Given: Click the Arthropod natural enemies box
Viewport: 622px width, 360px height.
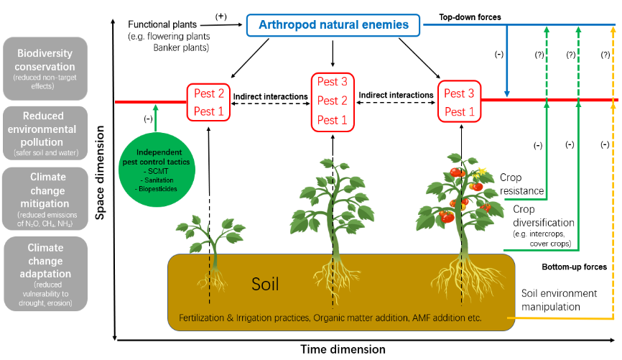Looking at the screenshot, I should pyautogui.click(x=333, y=26).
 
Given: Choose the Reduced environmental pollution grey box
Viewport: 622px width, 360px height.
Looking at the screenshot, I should pyautogui.click(x=45, y=134).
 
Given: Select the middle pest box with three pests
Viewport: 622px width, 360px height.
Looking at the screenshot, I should pyautogui.click(x=333, y=100).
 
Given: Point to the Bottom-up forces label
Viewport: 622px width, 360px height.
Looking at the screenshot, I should pyautogui.click(x=574, y=267).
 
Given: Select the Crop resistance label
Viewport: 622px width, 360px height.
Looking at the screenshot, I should pyautogui.click(x=521, y=185).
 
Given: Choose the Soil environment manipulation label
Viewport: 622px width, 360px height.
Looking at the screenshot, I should pyautogui.click(x=559, y=300).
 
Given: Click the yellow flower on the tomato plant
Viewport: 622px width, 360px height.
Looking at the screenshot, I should pyautogui.click(x=477, y=175).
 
